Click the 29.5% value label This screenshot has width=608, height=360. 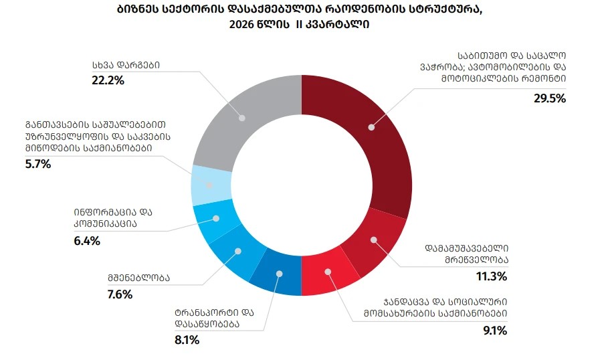click(x=549, y=98)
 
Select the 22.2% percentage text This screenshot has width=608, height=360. click(x=108, y=80)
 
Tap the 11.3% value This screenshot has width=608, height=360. click(x=492, y=276)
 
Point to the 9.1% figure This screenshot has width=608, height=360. click(x=495, y=331)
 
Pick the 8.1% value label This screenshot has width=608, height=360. click(x=187, y=340)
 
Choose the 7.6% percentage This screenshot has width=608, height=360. click(x=120, y=294)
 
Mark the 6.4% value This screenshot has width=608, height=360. click(x=87, y=241)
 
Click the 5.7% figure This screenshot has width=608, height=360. click(x=38, y=164)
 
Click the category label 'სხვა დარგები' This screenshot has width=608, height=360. click(x=126, y=65)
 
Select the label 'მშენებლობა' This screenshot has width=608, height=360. click(x=139, y=278)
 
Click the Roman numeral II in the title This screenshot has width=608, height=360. click(x=298, y=25)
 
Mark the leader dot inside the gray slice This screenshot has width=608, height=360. click(x=242, y=118)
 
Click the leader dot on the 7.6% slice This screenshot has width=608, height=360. click(x=238, y=252)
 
